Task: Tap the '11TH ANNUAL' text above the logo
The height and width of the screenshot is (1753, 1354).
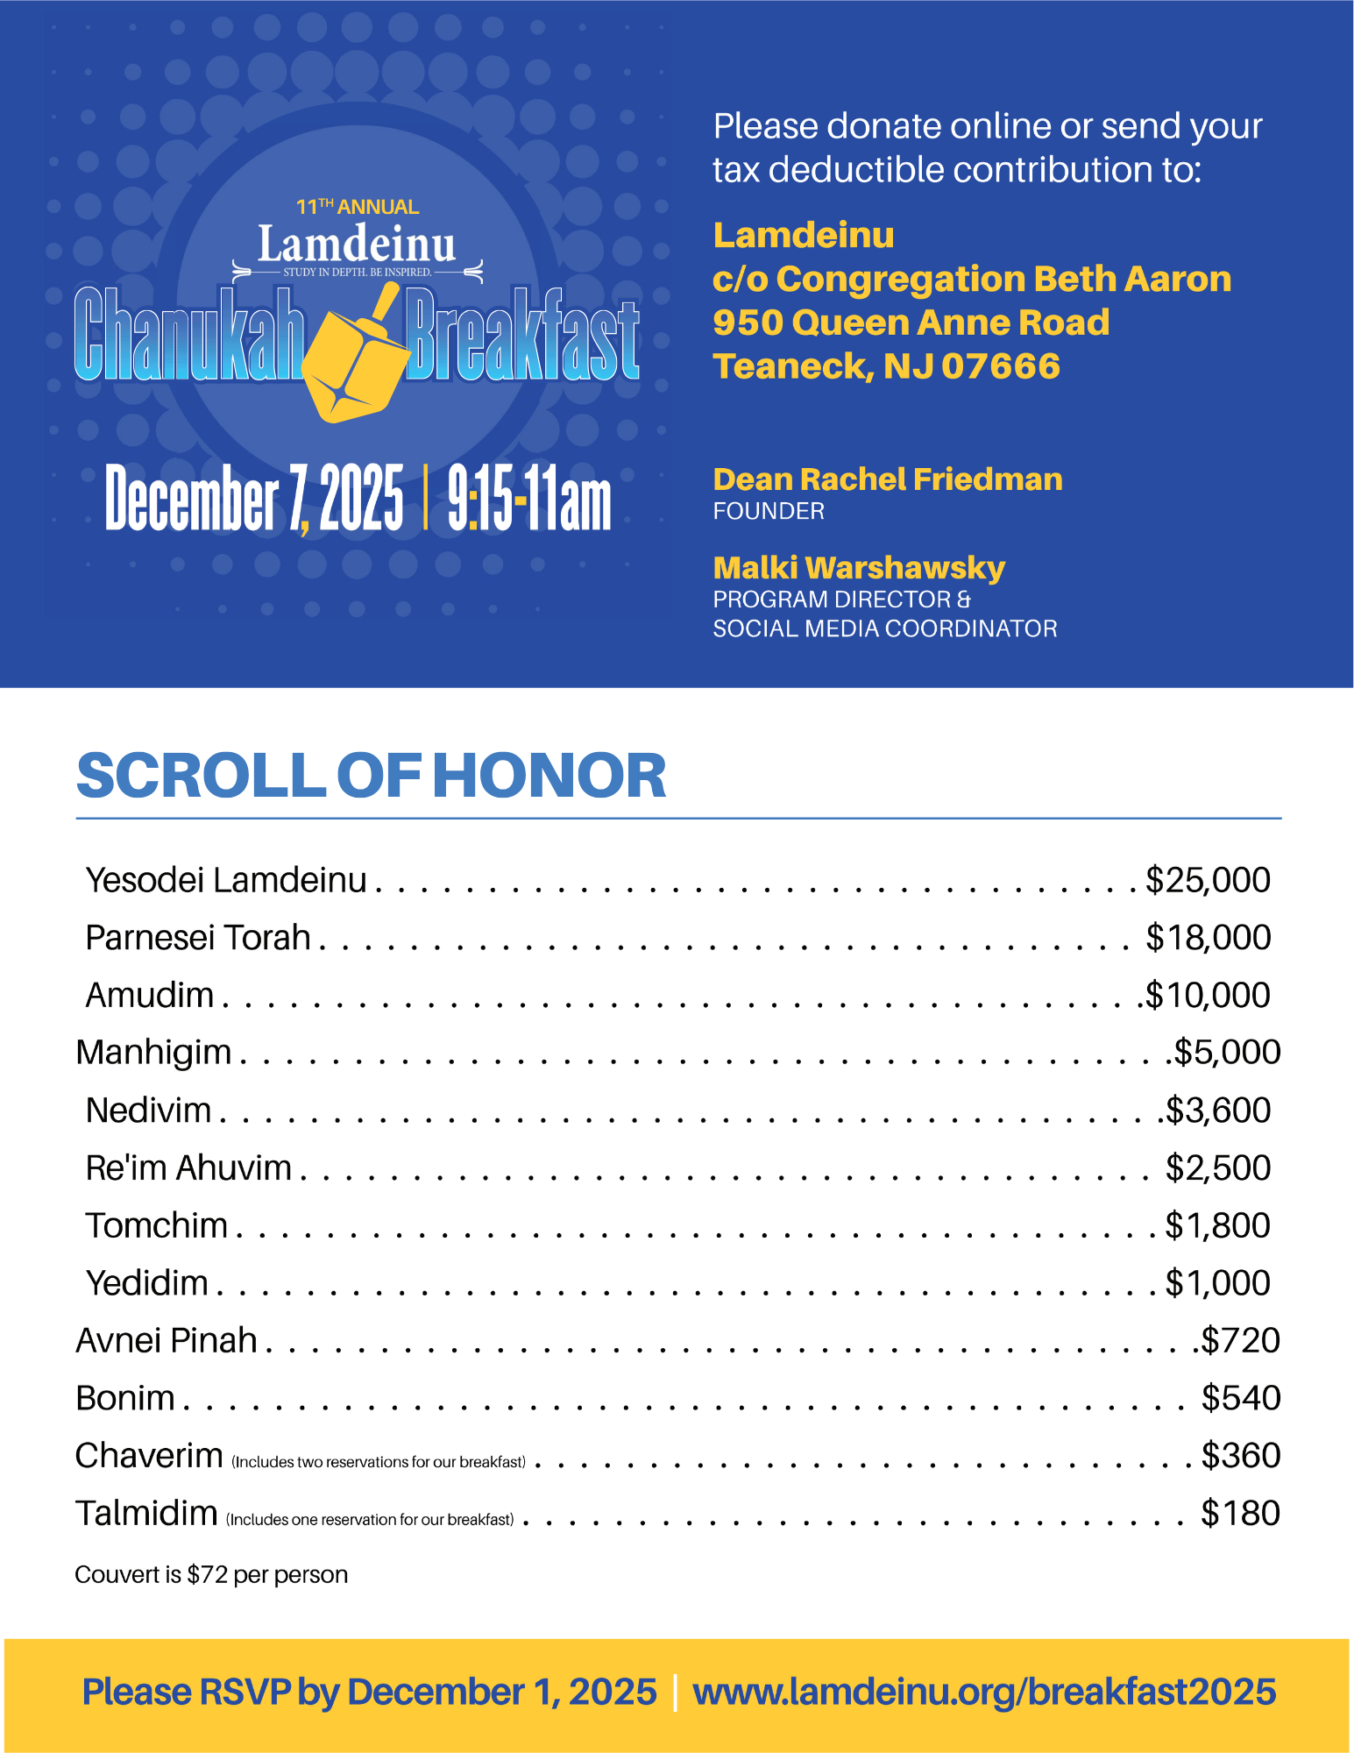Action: (358, 207)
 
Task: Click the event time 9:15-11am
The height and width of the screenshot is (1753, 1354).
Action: (528, 499)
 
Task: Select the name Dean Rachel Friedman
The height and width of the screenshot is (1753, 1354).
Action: (887, 479)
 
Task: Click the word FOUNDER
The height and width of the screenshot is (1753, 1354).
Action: (769, 511)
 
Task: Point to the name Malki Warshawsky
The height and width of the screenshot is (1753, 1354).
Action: (859, 568)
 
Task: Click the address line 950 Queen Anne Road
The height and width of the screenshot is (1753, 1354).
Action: (911, 323)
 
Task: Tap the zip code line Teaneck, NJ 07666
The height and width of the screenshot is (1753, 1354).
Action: (886, 366)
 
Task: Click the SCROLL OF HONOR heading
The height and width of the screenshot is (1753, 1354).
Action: (372, 777)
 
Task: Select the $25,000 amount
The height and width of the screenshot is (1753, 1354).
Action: (1208, 880)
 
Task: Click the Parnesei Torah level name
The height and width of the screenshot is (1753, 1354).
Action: (198, 938)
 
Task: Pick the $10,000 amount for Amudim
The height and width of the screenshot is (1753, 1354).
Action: (1208, 996)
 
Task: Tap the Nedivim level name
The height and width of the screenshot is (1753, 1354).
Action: (149, 1111)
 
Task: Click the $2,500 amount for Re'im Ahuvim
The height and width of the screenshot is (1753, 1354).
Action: (1217, 1168)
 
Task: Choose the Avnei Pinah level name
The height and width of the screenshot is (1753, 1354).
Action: (167, 1341)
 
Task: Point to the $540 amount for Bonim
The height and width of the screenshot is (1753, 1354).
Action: (1240, 1398)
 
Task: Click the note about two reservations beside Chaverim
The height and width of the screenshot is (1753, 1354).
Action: (379, 1462)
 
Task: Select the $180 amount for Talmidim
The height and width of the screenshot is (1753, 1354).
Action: (1240, 1514)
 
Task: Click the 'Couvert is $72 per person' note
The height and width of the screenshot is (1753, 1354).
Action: (211, 1575)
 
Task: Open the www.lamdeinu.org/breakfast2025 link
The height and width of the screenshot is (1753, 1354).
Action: (983, 1692)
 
